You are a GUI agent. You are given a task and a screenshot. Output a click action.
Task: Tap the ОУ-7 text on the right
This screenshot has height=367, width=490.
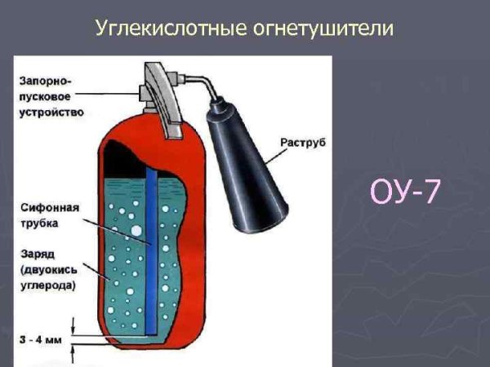coord(405,194)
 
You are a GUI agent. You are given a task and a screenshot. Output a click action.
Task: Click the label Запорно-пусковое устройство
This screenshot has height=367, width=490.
coord(50,97)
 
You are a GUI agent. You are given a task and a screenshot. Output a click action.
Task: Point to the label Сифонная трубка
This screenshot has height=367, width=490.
coord(49,214)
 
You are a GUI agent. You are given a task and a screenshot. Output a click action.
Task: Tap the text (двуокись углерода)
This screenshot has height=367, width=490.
coord(49,277)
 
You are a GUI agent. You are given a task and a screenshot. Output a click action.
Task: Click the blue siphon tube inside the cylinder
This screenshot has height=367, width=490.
coord(153,245)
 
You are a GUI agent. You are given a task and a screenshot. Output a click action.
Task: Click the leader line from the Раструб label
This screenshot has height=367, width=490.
coord(265,144)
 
